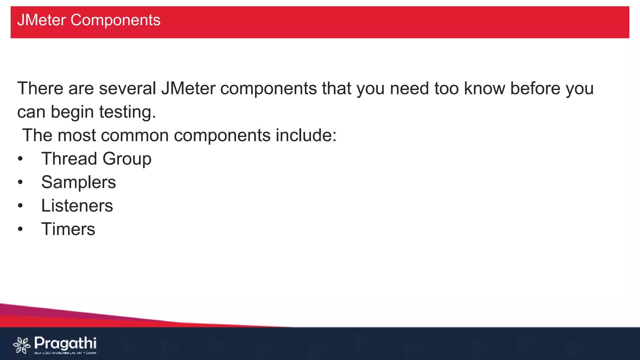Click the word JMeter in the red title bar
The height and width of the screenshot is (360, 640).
[42, 20]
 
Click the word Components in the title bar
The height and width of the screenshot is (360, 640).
[115, 20]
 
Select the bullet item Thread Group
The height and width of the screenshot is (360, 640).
[96, 159]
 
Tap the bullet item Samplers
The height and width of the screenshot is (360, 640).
[78, 182]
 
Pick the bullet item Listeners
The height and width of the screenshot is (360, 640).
[77, 206]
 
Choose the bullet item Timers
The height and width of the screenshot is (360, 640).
[68, 229]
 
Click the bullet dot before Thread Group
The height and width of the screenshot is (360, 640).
[20, 159]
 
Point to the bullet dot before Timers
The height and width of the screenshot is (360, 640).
[20, 229]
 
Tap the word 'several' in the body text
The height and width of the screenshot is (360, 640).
[127, 88]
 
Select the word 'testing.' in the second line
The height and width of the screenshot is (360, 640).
[127, 112]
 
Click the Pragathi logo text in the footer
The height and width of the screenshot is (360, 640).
[65, 343]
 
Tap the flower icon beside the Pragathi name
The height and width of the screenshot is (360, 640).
[22, 345]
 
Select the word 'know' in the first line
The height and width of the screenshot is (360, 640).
[484, 88]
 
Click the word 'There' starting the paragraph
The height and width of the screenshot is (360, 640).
[40, 88]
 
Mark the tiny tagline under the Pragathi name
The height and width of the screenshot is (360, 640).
[65, 353]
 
